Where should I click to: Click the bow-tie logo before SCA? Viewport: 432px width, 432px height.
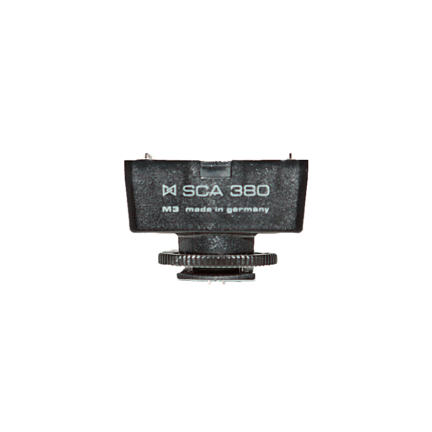coord(169,191)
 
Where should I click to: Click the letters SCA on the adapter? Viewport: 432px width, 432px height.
coord(202,191)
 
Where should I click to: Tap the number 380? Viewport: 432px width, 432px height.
coord(249,191)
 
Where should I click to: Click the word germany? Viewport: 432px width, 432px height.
coord(248,210)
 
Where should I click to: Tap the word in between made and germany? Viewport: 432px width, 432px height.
coord(219,210)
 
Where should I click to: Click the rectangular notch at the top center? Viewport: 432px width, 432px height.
coord(215,169)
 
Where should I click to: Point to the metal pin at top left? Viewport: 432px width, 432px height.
coord(147,156)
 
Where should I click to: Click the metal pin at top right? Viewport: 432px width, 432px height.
coord(290,156)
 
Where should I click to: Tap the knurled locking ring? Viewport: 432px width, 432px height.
coord(218,259)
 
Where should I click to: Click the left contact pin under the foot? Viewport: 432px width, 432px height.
coord(210,282)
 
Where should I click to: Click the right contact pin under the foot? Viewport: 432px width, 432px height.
coord(224,282)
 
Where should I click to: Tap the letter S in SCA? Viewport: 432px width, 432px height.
coord(188,191)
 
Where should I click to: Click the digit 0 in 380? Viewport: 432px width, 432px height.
coord(263,191)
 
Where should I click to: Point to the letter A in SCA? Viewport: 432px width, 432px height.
coord(217,191)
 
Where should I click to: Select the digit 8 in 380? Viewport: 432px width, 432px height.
coord(249,191)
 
